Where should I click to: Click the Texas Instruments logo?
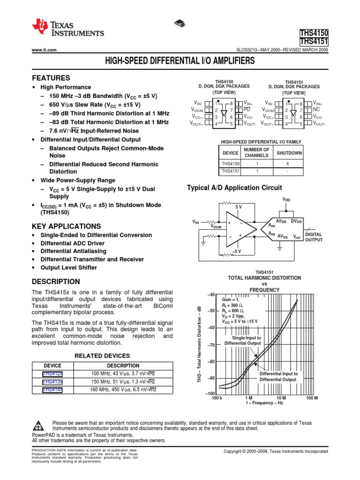click(x=67, y=29)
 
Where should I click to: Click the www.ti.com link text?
click(x=44, y=50)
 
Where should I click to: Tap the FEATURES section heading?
click(x=51, y=78)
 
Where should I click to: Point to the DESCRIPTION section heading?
click(x=56, y=282)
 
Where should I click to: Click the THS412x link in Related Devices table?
click(x=52, y=374)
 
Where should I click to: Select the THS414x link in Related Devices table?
click(x=52, y=390)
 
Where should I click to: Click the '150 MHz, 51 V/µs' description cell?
click(x=123, y=382)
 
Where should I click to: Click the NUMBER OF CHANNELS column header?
click(x=256, y=153)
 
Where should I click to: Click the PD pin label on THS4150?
click(x=247, y=109)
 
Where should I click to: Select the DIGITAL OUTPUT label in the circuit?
click(x=314, y=237)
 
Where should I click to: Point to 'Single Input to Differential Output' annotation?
click(x=242, y=340)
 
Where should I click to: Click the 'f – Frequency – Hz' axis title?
click(x=265, y=403)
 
